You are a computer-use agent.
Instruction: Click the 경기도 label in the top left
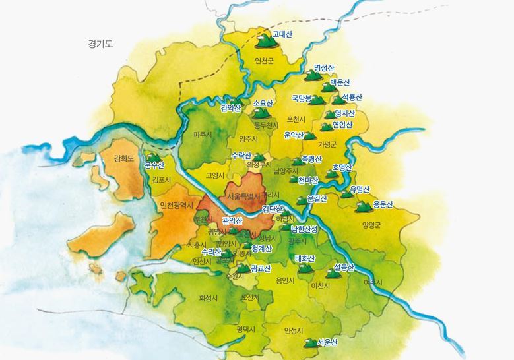pos(100,45)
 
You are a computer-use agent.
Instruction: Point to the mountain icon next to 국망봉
pos(317,100)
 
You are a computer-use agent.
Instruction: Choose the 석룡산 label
pos(352,97)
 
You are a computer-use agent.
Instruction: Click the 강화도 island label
pos(123,158)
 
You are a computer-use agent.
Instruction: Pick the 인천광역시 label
pos(176,205)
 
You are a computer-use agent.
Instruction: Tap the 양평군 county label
pos(371,225)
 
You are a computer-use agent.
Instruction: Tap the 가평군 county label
pos(327,144)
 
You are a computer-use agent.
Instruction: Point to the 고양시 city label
pos(216,176)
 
